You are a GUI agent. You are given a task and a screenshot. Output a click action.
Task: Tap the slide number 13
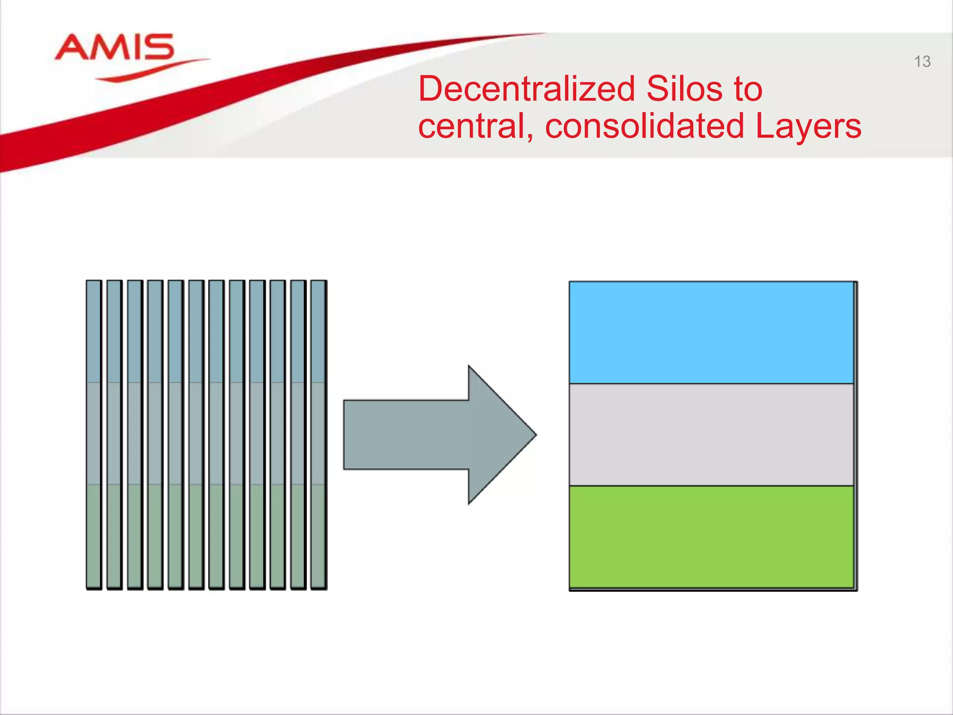click(922, 62)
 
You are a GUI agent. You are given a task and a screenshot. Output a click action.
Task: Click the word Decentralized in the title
click(526, 89)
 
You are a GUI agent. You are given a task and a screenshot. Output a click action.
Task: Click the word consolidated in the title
click(644, 126)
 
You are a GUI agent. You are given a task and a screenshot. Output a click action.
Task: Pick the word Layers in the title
click(808, 126)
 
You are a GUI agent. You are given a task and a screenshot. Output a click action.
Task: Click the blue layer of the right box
click(711, 332)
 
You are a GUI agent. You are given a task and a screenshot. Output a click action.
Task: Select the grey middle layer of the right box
click(711, 434)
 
